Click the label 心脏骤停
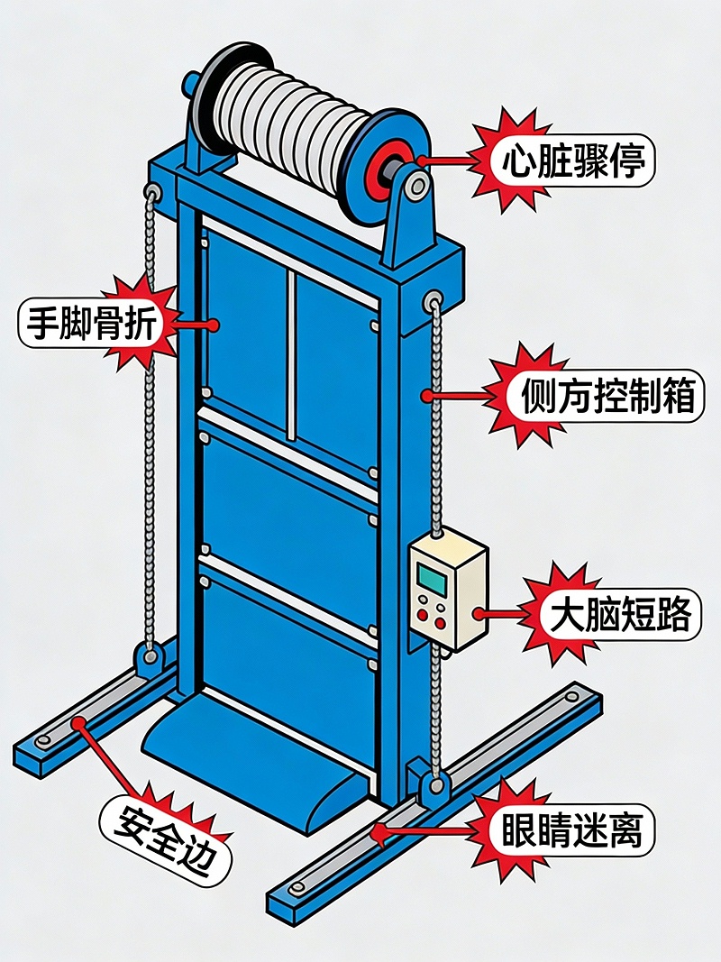(574, 161)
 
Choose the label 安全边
(166, 838)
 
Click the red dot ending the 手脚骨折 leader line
(213, 325)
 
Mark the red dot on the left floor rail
(79, 721)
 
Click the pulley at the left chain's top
(151, 191)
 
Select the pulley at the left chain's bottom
(149, 655)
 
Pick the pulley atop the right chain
(434, 298)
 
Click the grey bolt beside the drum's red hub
(415, 187)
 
